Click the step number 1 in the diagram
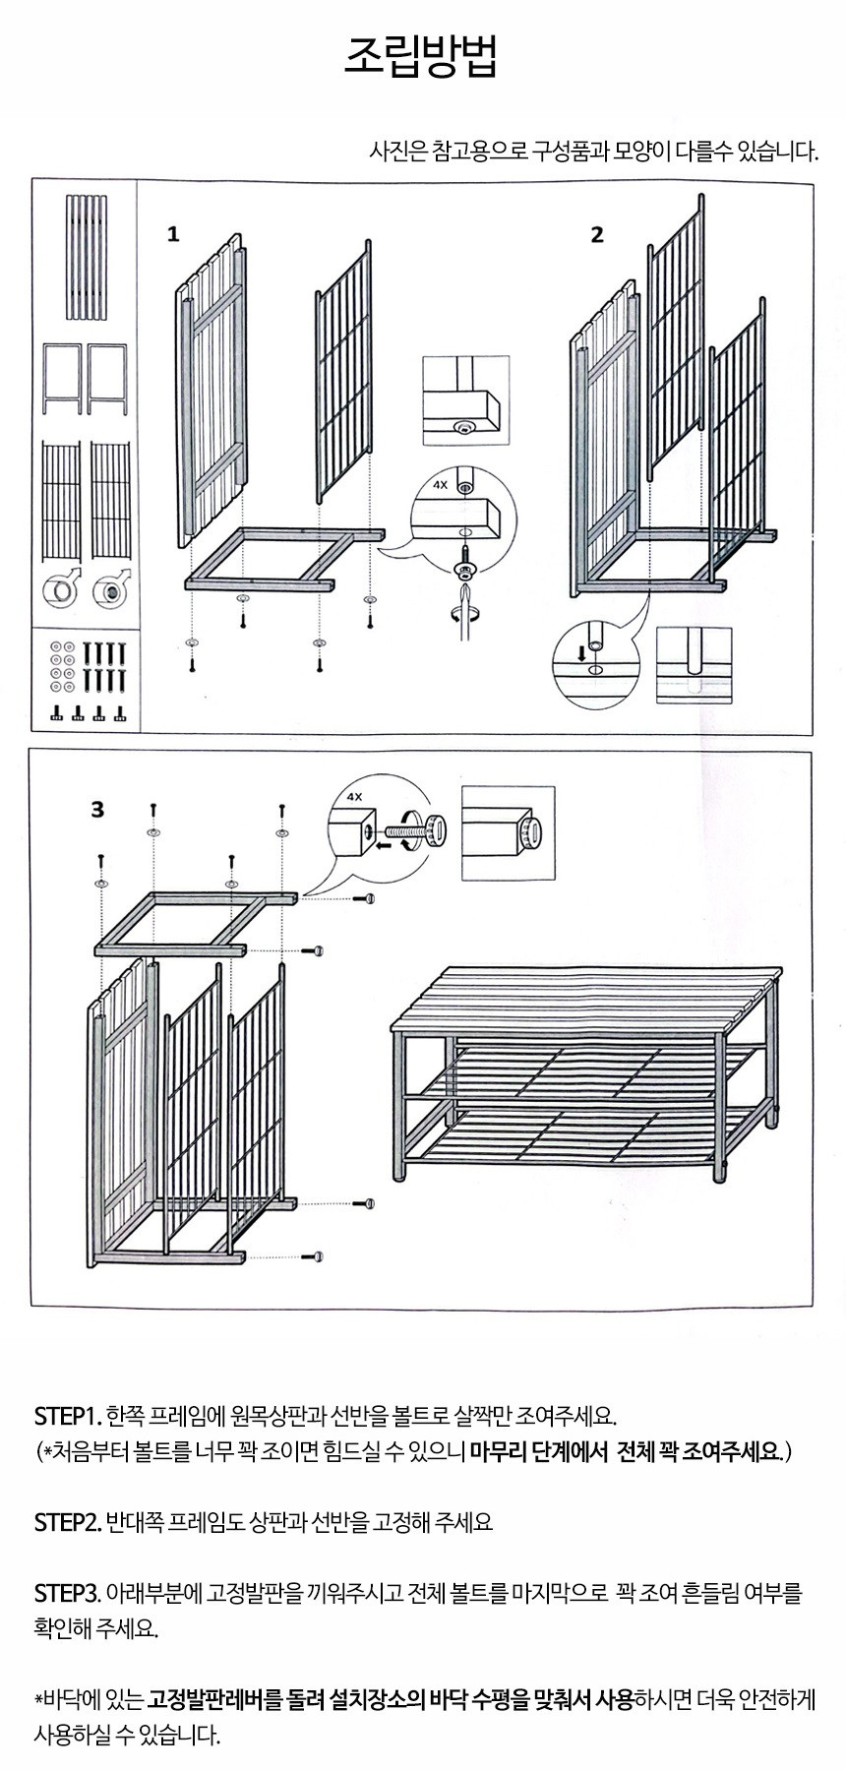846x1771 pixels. (x=173, y=234)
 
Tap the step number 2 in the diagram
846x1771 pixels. (x=597, y=234)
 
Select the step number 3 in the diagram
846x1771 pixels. (x=97, y=810)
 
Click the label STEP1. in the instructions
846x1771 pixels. (x=67, y=1417)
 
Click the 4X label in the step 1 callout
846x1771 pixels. (x=440, y=485)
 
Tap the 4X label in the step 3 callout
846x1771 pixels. (x=355, y=798)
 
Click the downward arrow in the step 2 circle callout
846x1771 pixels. (x=580, y=652)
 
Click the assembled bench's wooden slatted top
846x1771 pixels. (x=587, y=996)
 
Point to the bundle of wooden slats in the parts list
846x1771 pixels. (x=85, y=258)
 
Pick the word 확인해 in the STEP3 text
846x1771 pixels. (x=62, y=1627)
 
